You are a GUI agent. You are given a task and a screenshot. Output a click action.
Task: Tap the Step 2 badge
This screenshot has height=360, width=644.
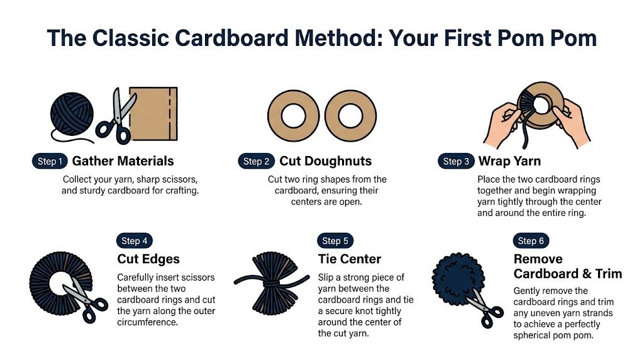pyautogui.click(x=256, y=162)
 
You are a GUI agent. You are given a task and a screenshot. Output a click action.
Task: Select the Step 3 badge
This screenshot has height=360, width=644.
pyautogui.click(x=455, y=162)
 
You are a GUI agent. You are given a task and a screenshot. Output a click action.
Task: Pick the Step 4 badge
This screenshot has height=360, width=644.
pyautogui.click(x=135, y=241)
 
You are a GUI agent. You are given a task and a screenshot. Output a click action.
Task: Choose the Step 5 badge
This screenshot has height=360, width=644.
pyautogui.click(x=335, y=241)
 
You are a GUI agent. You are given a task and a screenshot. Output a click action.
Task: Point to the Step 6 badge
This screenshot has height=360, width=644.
pyautogui.click(x=531, y=241)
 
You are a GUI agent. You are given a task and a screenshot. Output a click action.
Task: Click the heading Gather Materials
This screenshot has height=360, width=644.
pyautogui.click(x=123, y=162)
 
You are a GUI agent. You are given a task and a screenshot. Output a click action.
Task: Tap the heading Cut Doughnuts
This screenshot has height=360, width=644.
pyautogui.click(x=325, y=162)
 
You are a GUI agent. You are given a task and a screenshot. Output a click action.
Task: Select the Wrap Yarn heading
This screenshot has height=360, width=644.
pyautogui.click(x=511, y=162)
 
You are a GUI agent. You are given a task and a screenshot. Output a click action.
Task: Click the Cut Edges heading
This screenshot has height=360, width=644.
pyautogui.click(x=148, y=259)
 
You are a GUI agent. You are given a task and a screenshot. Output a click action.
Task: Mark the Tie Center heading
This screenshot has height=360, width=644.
pyautogui.click(x=349, y=259)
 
